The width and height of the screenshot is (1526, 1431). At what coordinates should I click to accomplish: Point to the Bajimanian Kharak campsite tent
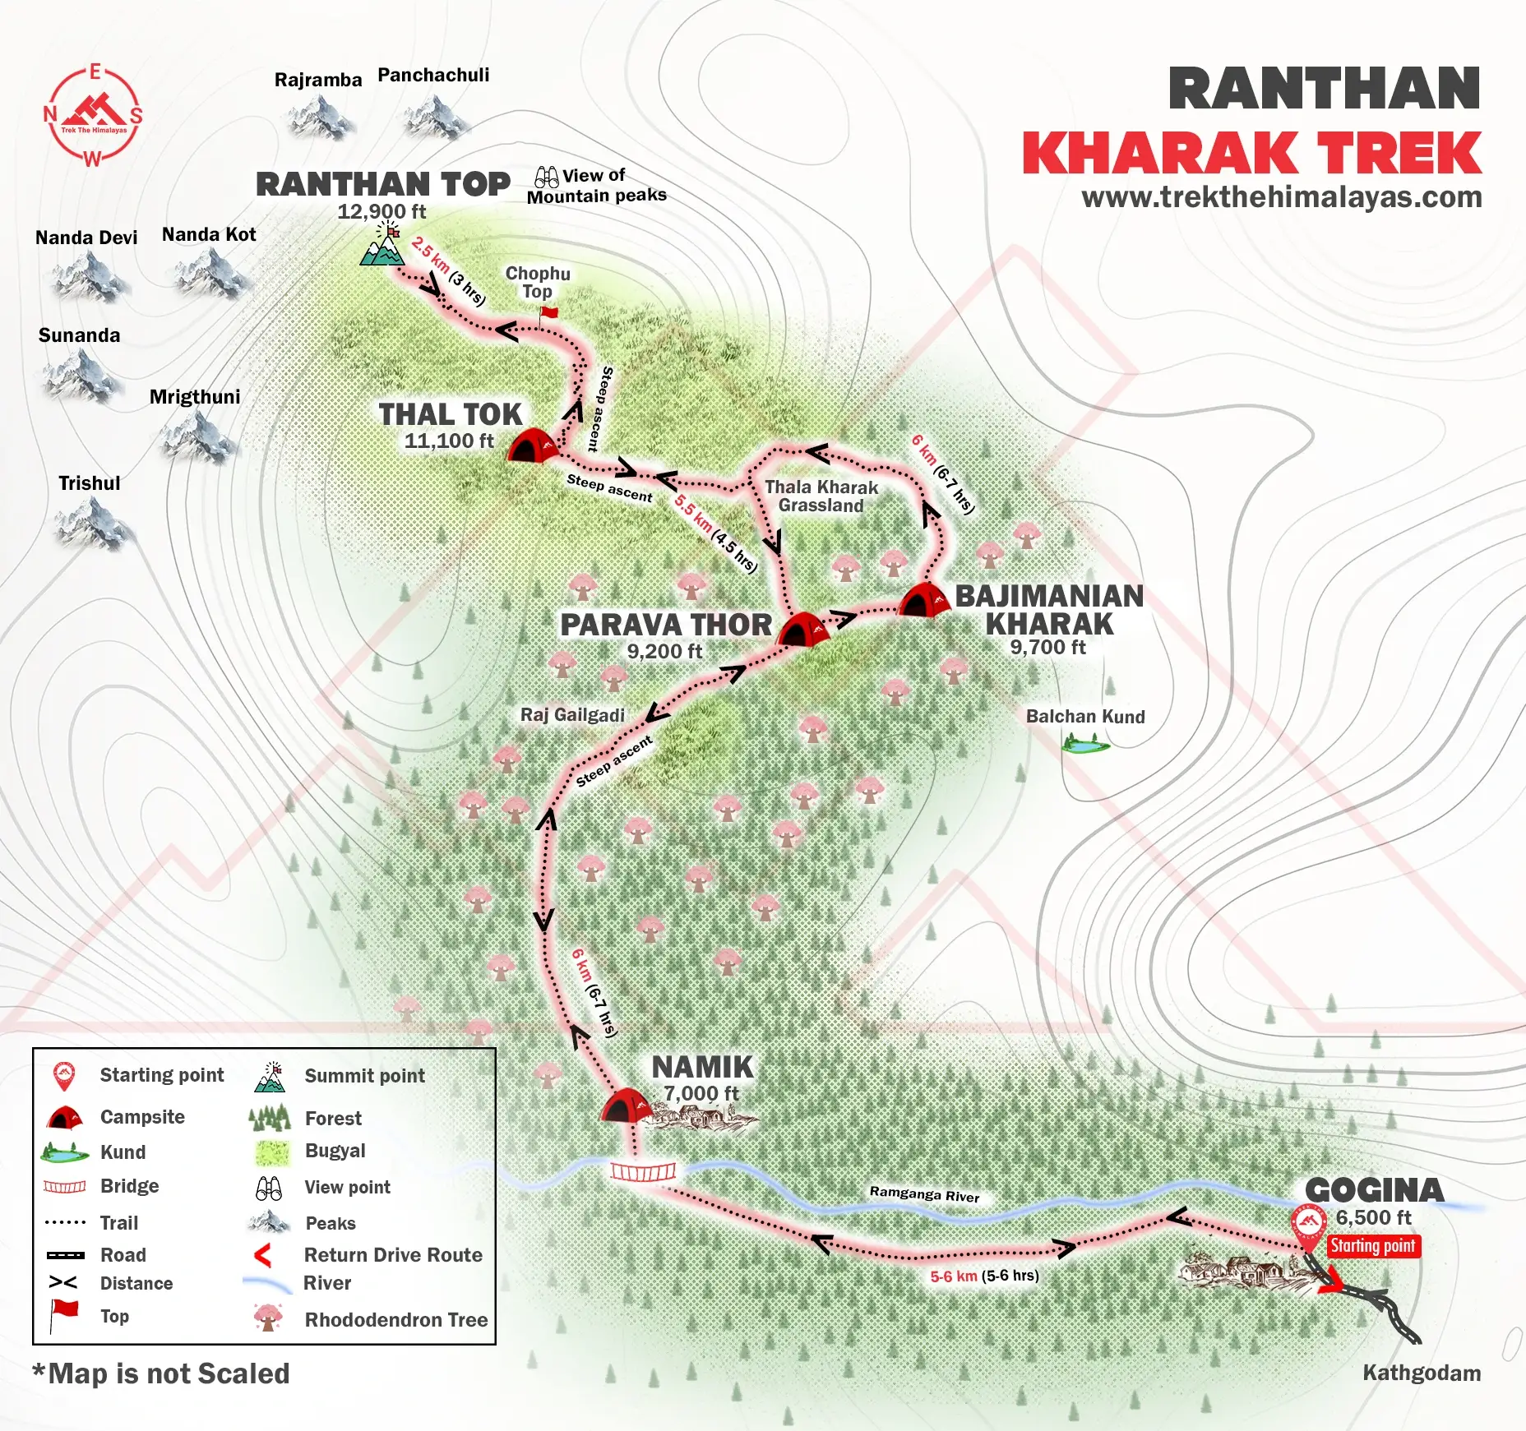click(924, 600)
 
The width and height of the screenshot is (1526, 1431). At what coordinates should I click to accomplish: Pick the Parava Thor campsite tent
click(802, 630)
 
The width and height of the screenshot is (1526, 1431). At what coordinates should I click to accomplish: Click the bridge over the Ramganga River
click(643, 1170)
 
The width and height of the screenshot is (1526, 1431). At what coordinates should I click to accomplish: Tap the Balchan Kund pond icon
click(1084, 746)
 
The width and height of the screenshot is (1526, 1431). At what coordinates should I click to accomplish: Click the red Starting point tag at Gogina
click(1373, 1246)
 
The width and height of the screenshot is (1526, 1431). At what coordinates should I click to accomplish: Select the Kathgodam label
click(1422, 1373)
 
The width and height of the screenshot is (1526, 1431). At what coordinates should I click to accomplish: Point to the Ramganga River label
click(924, 1193)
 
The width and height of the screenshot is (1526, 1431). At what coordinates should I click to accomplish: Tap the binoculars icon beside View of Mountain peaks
click(546, 177)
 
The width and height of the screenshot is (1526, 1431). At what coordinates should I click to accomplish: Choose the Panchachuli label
click(433, 76)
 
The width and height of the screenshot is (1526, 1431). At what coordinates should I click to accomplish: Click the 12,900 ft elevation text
click(381, 211)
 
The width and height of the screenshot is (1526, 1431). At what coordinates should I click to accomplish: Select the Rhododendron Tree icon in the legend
click(268, 1318)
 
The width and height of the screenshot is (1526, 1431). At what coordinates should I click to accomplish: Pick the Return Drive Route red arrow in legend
click(263, 1255)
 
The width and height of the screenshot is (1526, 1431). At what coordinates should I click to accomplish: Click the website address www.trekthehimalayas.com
click(1281, 197)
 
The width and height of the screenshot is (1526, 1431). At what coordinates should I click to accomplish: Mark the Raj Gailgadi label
click(572, 715)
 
